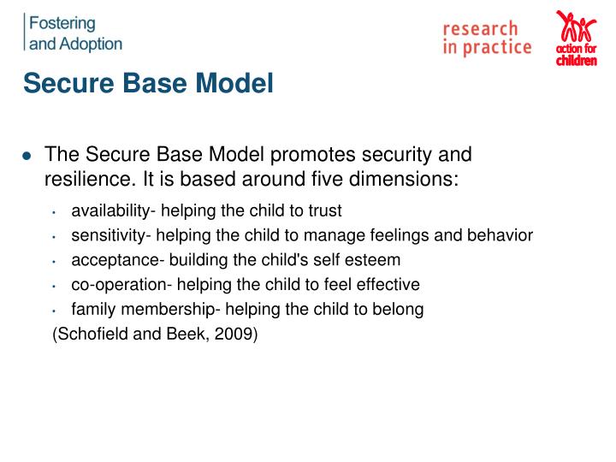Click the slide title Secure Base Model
click(x=148, y=84)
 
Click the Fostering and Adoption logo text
click(x=75, y=33)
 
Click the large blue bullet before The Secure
click(x=27, y=157)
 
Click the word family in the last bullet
click(x=92, y=310)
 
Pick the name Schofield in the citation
click(x=92, y=335)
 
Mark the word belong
click(x=400, y=310)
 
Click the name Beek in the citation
click(x=187, y=335)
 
